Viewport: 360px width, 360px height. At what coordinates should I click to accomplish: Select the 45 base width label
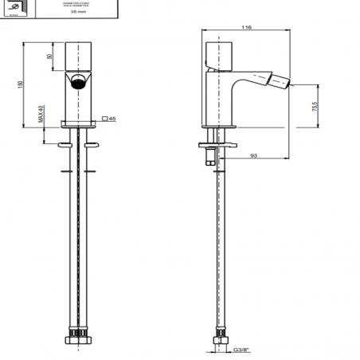pos(112,119)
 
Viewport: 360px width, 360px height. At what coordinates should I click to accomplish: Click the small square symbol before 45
pos(104,119)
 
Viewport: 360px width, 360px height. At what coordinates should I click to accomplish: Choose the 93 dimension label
pos(253,156)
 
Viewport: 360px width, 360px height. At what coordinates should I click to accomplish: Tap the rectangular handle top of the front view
pos(78,53)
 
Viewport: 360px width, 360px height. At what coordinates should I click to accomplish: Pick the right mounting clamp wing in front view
pos(91,143)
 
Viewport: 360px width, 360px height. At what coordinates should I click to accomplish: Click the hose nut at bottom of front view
pos(78,335)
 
